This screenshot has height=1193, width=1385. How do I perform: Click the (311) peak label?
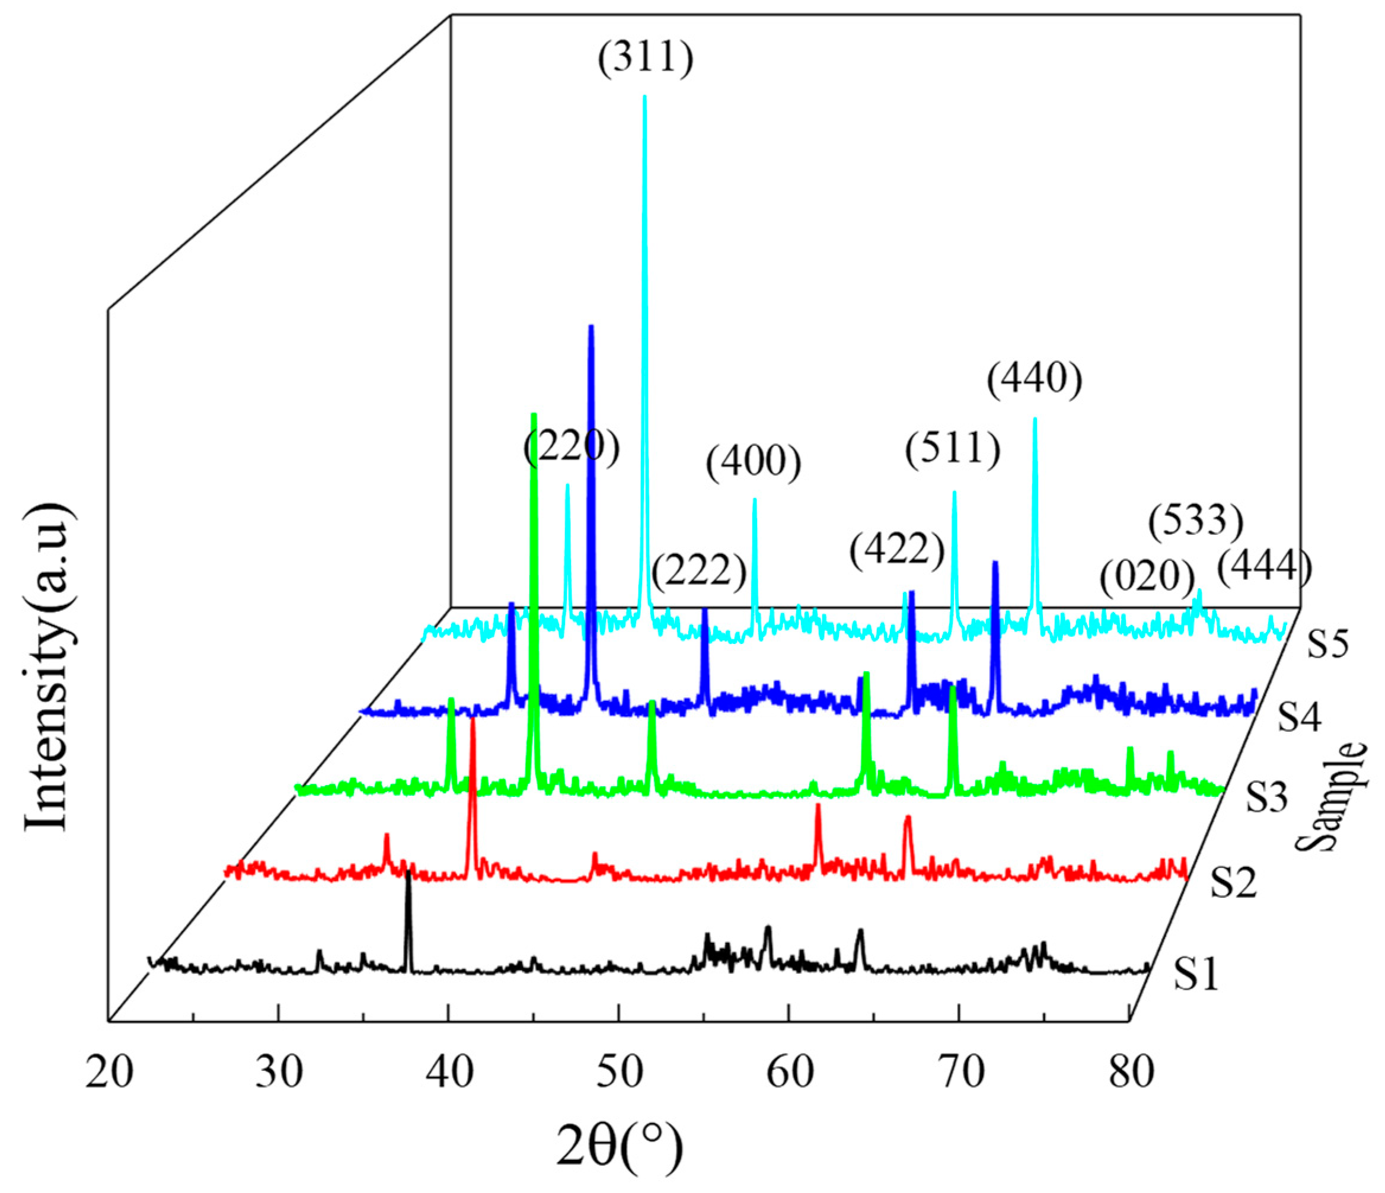645,59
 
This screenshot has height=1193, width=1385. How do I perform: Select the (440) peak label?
1035,381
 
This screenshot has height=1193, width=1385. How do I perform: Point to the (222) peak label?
698,572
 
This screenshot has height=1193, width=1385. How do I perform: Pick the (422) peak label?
897,551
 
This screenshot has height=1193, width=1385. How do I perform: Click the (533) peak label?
1195,521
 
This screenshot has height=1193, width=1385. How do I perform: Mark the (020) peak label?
1147,576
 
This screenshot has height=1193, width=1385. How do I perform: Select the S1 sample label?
1196,974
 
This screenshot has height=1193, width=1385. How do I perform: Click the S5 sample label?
1327,645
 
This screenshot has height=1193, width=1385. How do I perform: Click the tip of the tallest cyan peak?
644,97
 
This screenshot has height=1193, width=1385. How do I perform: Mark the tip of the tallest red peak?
473,719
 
